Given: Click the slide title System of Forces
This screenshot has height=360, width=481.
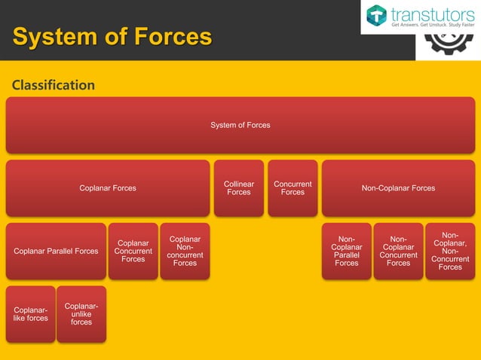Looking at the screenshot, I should click(112, 36).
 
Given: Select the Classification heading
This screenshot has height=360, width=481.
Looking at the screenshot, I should click(54, 85).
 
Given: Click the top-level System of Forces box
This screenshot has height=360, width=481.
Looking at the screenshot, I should click(240, 125).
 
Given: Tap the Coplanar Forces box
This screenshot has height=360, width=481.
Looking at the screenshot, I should click(108, 188).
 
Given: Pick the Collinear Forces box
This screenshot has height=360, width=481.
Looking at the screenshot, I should click(239, 188).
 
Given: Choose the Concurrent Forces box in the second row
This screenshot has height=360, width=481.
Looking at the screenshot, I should click(293, 188).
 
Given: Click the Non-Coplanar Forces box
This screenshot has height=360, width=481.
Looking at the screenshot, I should click(398, 188).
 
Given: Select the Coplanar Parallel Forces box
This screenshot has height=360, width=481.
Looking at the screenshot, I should click(56, 251).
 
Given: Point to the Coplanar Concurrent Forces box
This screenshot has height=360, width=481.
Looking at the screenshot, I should click(133, 251).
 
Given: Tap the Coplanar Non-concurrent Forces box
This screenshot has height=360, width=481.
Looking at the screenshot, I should click(185, 251).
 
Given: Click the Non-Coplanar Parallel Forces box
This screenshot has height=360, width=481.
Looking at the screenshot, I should click(347, 251).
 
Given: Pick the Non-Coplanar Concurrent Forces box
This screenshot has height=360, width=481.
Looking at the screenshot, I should click(398, 251).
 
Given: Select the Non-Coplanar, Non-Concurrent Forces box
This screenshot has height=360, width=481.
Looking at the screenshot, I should click(450, 251).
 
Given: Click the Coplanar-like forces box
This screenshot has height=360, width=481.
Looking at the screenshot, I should click(30, 313).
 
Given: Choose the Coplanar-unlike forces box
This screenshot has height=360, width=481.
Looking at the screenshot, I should click(81, 313).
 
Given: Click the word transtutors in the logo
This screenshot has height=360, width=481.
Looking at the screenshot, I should click(432, 13).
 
